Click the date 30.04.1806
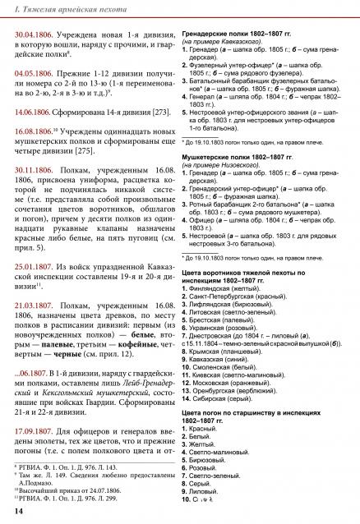coord(39,35)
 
